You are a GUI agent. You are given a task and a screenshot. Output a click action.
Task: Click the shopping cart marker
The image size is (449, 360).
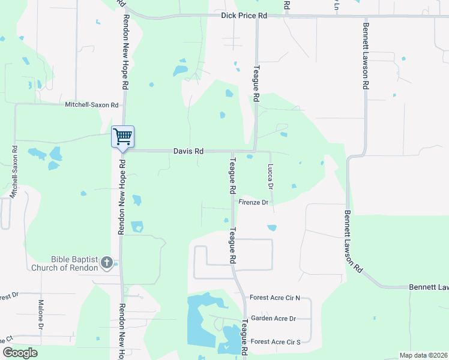122,137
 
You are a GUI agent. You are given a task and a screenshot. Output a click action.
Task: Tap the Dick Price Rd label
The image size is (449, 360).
244,15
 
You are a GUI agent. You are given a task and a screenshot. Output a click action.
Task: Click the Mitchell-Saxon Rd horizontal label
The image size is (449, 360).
92,104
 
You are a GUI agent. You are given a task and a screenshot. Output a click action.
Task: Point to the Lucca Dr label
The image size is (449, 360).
270,177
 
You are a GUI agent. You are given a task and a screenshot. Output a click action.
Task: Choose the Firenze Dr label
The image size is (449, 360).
253,203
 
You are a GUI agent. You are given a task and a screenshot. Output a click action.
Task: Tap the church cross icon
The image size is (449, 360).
107,262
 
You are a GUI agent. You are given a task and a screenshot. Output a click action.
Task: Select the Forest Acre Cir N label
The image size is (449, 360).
274,298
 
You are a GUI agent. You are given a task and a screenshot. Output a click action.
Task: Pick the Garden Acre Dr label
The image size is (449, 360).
273,318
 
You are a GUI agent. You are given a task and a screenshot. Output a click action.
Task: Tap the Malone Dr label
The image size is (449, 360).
41,314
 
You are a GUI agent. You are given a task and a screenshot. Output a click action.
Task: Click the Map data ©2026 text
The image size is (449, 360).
423,355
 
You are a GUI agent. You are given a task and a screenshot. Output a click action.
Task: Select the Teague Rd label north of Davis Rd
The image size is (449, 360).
256,83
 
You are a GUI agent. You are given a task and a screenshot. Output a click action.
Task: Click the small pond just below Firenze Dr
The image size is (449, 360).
272,228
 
